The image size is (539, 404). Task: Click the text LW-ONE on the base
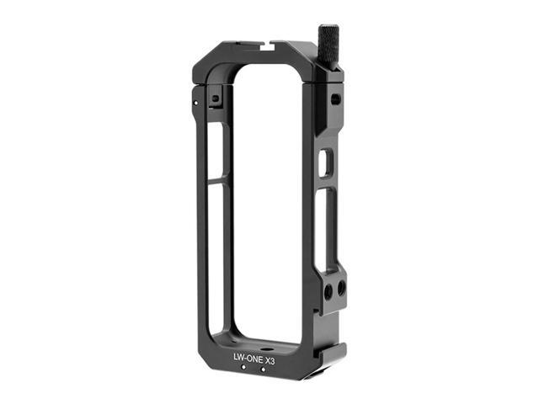[245, 358]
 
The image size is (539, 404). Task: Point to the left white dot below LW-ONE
[243, 368]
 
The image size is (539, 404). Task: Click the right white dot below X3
[264, 368]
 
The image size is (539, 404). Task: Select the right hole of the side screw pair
[341, 288]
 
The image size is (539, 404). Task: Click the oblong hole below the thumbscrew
[335, 99]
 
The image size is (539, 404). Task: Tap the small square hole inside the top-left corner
[216, 98]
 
